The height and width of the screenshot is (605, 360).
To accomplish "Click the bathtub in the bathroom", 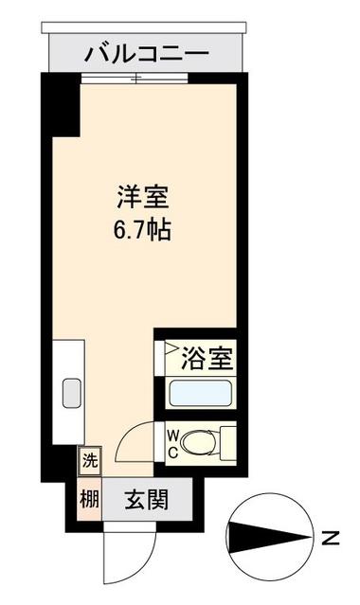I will [x=199, y=393].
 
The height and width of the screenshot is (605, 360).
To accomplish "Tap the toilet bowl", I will [x=200, y=440].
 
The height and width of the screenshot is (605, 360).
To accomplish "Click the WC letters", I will [x=173, y=440].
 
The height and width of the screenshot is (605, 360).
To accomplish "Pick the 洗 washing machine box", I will [x=88, y=462].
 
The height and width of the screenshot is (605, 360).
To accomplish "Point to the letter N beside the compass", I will [x=330, y=540].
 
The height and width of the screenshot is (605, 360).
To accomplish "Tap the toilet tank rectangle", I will [x=226, y=440].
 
